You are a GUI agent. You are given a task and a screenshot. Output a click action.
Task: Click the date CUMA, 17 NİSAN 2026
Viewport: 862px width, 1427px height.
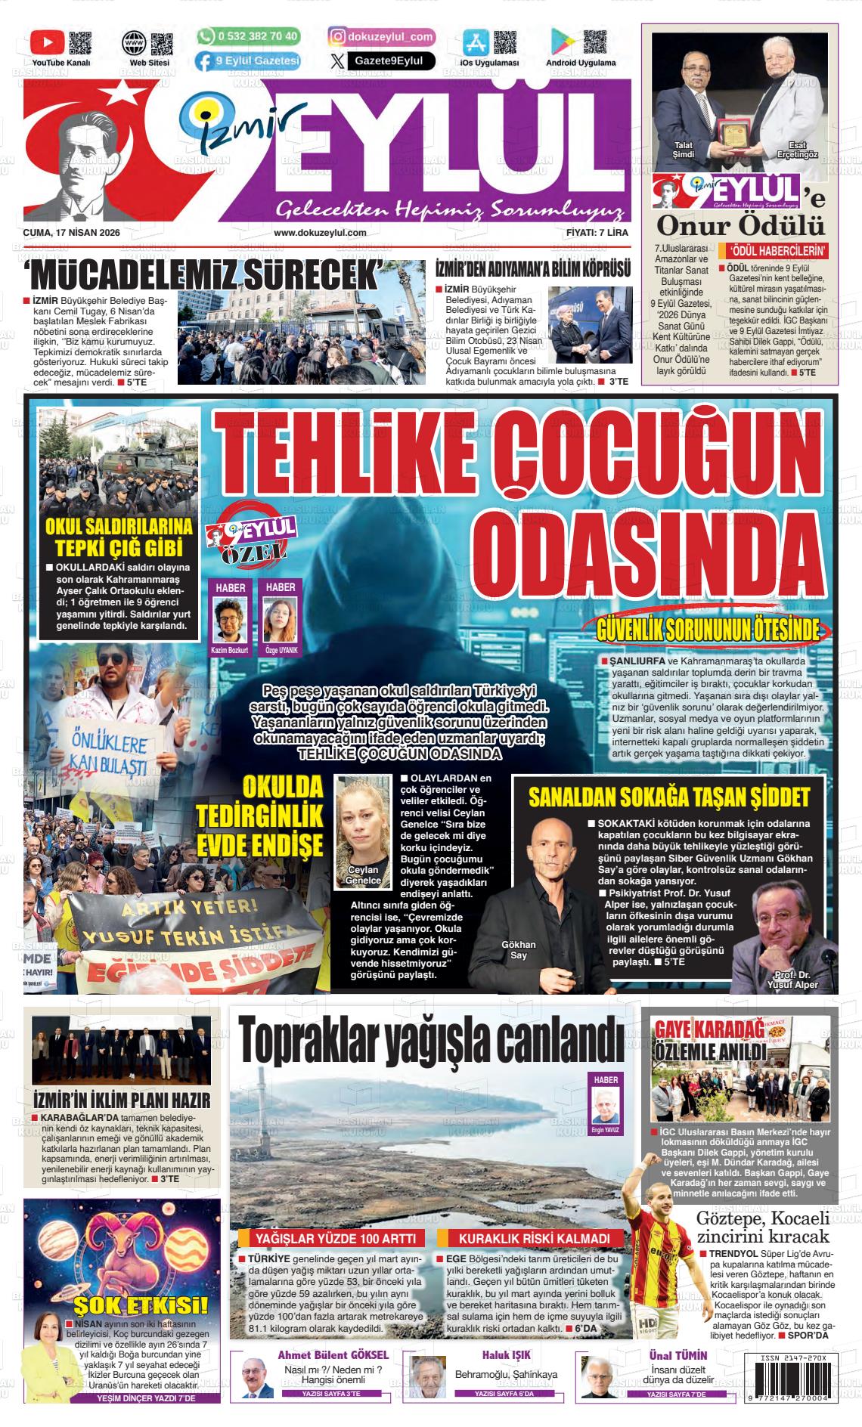pyautogui.click(x=73, y=233)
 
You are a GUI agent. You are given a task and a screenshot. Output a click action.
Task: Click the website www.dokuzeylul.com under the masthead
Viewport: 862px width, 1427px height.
pyautogui.click(x=320, y=233)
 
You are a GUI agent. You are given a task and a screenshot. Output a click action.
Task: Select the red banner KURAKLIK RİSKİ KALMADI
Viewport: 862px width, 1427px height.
pyautogui.click(x=534, y=1238)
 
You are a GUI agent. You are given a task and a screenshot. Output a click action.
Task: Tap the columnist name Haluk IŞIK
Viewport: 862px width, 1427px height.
pyautogui.click(x=506, y=1354)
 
